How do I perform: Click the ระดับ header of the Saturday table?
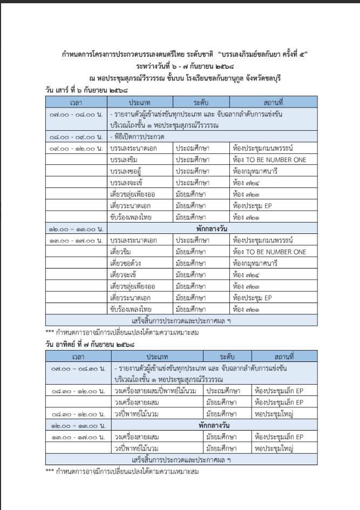pyautogui.click(x=201, y=102)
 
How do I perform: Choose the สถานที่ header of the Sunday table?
pyautogui.click(x=280, y=356)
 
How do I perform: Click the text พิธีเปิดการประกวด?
pyautogui.click(x=134, y=137)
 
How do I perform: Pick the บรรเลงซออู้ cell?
pyautogui.click(x=127, y=171)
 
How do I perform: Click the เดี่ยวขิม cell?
pyautogui.click(x=120, y=252)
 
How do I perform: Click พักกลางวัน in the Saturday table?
pyautogui.click(x=210, y=229)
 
